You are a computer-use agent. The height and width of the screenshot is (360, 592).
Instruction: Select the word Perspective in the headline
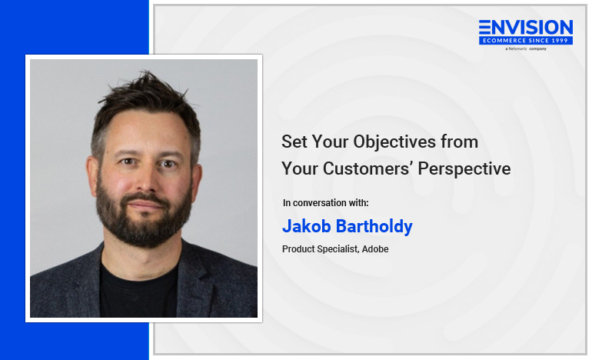pyautogui.click(x=464, y=169)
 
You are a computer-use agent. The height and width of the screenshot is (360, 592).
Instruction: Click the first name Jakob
pyautogui.click(x=307, y=226)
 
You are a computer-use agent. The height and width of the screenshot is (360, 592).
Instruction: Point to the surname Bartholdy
pyautogui.click(x=374, y=227)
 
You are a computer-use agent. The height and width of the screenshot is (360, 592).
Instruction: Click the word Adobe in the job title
pyautogui.click(x=375, y=249)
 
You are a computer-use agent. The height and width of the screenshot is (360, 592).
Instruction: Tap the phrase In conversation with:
pyautogui.click(x=325, y=203)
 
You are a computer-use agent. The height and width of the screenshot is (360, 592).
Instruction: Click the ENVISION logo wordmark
pyautogui.click(x=526, y=28)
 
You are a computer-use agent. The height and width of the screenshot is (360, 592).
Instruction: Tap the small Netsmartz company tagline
pyautogui.click(x=526, y=48)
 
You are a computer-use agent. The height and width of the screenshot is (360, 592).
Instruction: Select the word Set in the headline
pyautogui.click(x=294, y=142)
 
